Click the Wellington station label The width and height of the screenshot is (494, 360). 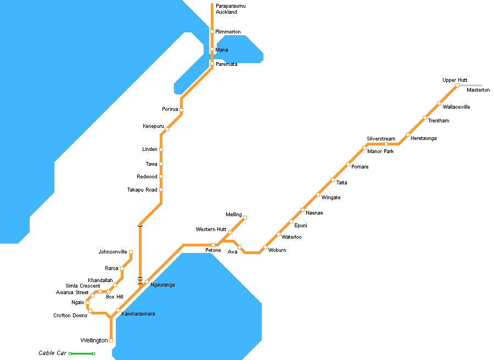94,341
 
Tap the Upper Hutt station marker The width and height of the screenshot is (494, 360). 457,85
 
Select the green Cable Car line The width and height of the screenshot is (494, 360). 82,353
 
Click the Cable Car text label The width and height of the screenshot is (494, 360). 52,353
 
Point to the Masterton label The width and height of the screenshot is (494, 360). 478,90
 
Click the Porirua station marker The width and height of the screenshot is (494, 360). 181,110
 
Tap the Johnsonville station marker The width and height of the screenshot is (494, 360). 131,252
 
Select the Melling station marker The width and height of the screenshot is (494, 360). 245,217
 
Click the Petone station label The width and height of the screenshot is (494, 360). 213,251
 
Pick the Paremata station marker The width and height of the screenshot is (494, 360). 212,64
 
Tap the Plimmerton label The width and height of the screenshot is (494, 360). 228,32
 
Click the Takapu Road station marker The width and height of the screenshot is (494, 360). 161,190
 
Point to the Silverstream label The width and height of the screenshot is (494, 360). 381,139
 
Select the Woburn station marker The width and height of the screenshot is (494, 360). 265,248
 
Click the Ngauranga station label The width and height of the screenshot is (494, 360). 163,285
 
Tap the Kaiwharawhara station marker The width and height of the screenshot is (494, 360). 118,311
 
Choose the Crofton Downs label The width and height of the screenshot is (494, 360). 70,316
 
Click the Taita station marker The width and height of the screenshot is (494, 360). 333,179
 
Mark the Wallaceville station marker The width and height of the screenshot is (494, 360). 439,103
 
